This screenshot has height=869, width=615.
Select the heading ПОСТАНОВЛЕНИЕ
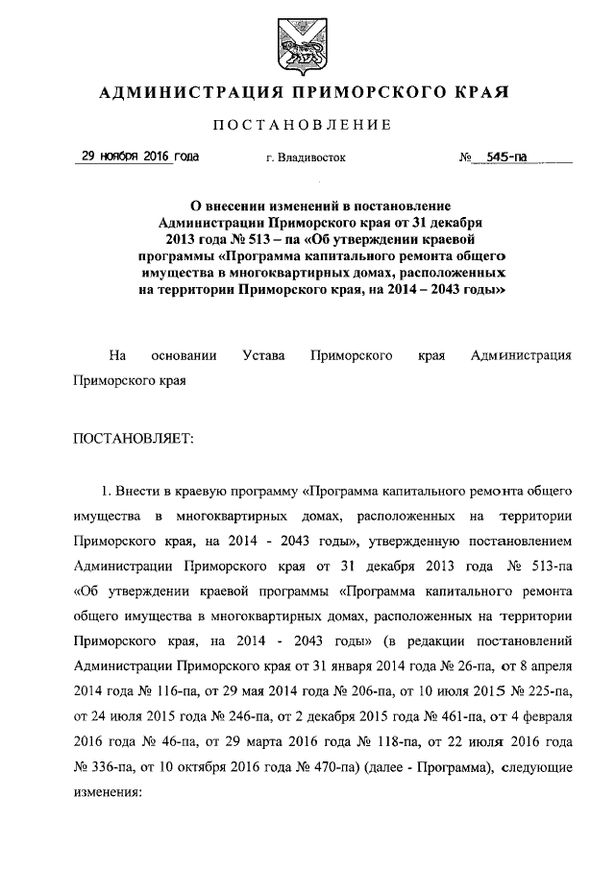[301, 125]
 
